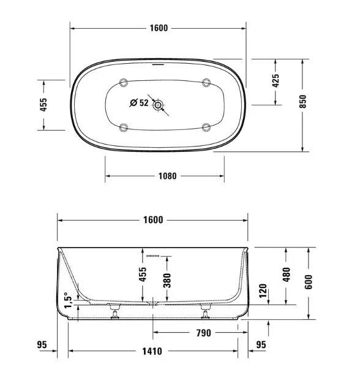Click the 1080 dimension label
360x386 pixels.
(167, 176)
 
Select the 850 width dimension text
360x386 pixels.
(303, 102)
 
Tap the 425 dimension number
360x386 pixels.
(276, 81)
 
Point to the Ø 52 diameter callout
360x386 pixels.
(139, 103)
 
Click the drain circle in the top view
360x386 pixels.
(158, 105)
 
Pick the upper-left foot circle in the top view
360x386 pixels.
(124, 83)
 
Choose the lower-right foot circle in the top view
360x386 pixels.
(206, 127)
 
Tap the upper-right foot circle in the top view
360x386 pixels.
(206, 83)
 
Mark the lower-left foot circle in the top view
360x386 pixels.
(124, 127)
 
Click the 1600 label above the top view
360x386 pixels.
(159, 28)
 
